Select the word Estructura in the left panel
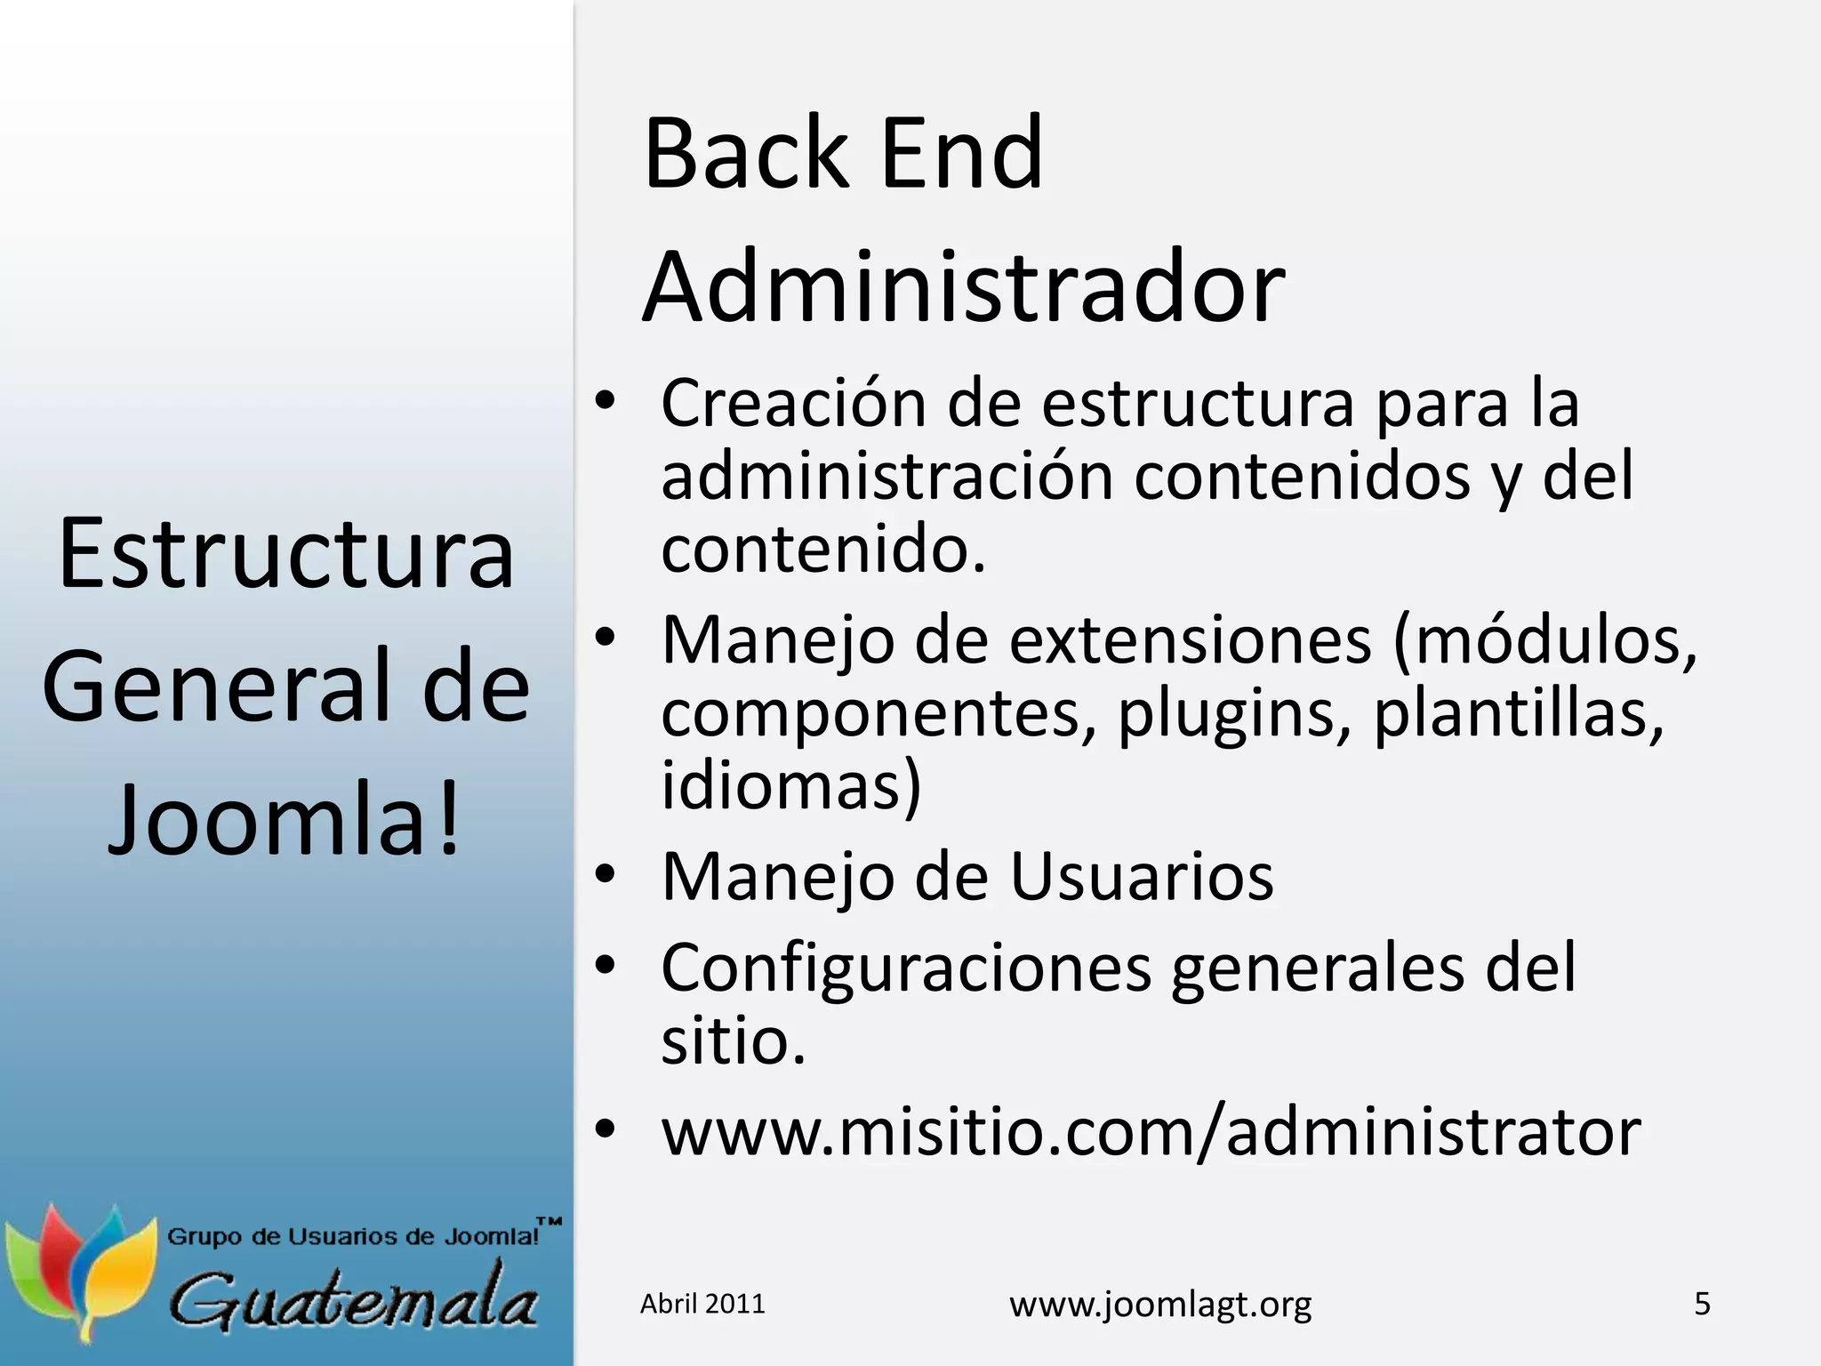(x=286, y=554)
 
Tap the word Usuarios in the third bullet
(x=1141, y=878)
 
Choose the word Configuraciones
(x=906, y=968)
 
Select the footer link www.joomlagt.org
(x=1160, y=1305)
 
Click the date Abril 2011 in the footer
(x=702, y=1304)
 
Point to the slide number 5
(x=1702, y=1304)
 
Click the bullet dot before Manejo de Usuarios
(x=606, y=875)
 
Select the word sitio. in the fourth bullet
(x=733, y=1041)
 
